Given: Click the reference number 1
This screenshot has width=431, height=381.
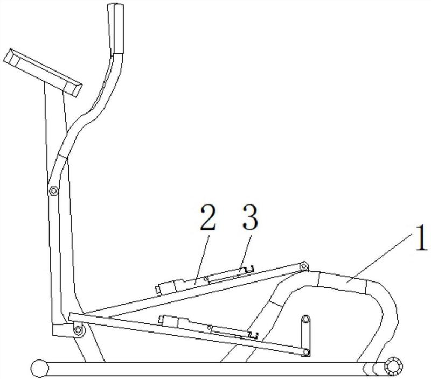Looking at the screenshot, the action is pos(421,238).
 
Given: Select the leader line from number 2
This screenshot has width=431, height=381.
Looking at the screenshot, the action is pos(202,260).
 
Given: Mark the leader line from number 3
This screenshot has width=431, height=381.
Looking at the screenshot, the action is pos(246,252).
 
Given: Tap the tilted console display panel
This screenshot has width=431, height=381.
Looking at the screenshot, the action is pos(43,73).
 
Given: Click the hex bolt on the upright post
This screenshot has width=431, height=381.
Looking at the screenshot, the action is pos(53,190).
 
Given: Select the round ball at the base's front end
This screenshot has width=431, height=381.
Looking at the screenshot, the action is pos(39,368).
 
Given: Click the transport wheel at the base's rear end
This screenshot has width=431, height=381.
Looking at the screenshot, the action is pos(394,366).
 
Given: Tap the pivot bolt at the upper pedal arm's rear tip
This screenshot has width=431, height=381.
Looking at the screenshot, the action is pos(304,266).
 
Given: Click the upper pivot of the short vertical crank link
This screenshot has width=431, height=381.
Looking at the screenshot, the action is pos(305,319).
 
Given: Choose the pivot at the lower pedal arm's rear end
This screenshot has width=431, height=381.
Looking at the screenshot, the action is pos(305,352).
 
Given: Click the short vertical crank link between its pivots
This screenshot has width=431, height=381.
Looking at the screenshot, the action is pos(305,335).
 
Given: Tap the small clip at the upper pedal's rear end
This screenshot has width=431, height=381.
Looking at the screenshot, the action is pos(249,269).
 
